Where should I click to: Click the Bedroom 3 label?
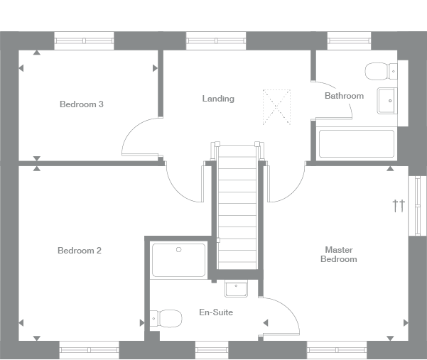82,104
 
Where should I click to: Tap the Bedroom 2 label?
80,251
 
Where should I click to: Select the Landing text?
218,99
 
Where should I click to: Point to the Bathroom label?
344,96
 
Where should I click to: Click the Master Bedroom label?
339,254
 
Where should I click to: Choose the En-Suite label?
216,312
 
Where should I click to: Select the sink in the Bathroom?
387,101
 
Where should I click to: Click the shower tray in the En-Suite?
178,260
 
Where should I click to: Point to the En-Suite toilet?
166,318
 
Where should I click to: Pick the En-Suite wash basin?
235,288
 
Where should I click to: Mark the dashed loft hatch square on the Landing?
277,105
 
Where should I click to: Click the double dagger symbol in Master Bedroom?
399,206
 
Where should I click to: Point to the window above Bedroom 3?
85,40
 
